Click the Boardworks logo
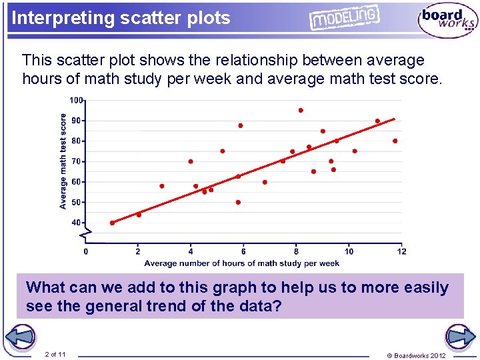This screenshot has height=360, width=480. point(447,21)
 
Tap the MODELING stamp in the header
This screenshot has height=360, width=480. point(344,18)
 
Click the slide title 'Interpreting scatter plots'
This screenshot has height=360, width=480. point(121,18)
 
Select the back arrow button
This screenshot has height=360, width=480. point(22,337)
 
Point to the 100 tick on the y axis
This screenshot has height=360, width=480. point(77,101)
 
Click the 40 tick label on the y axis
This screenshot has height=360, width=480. point(76,223)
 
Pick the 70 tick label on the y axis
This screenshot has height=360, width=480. point(76,161)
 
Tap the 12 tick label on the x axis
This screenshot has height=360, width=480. point(401,251)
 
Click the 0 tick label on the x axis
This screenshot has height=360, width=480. point(85,251)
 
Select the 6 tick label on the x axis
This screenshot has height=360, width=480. point(243,251)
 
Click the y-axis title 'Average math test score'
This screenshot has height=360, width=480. point(63,161)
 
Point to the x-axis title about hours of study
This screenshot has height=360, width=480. point(242,263)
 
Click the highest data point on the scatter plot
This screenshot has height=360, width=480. point(301,110)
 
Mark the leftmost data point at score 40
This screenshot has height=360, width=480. point(112,223)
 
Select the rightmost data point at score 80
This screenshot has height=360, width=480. point(395,141)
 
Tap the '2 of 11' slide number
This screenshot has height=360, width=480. point(55,354)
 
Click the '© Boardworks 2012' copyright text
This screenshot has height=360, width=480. point(416,355)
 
